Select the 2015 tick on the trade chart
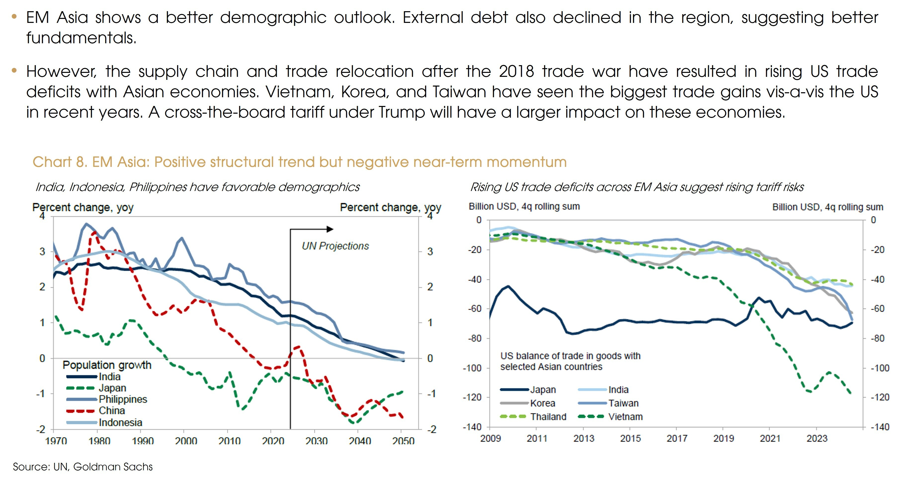point(630,438)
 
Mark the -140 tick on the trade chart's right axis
point(880,427)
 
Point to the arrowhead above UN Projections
point(330,229)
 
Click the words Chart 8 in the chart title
point(59,162)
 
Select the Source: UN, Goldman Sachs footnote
point(83,467)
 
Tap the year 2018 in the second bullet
point(516,71)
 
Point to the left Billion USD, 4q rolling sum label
point(524,206)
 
